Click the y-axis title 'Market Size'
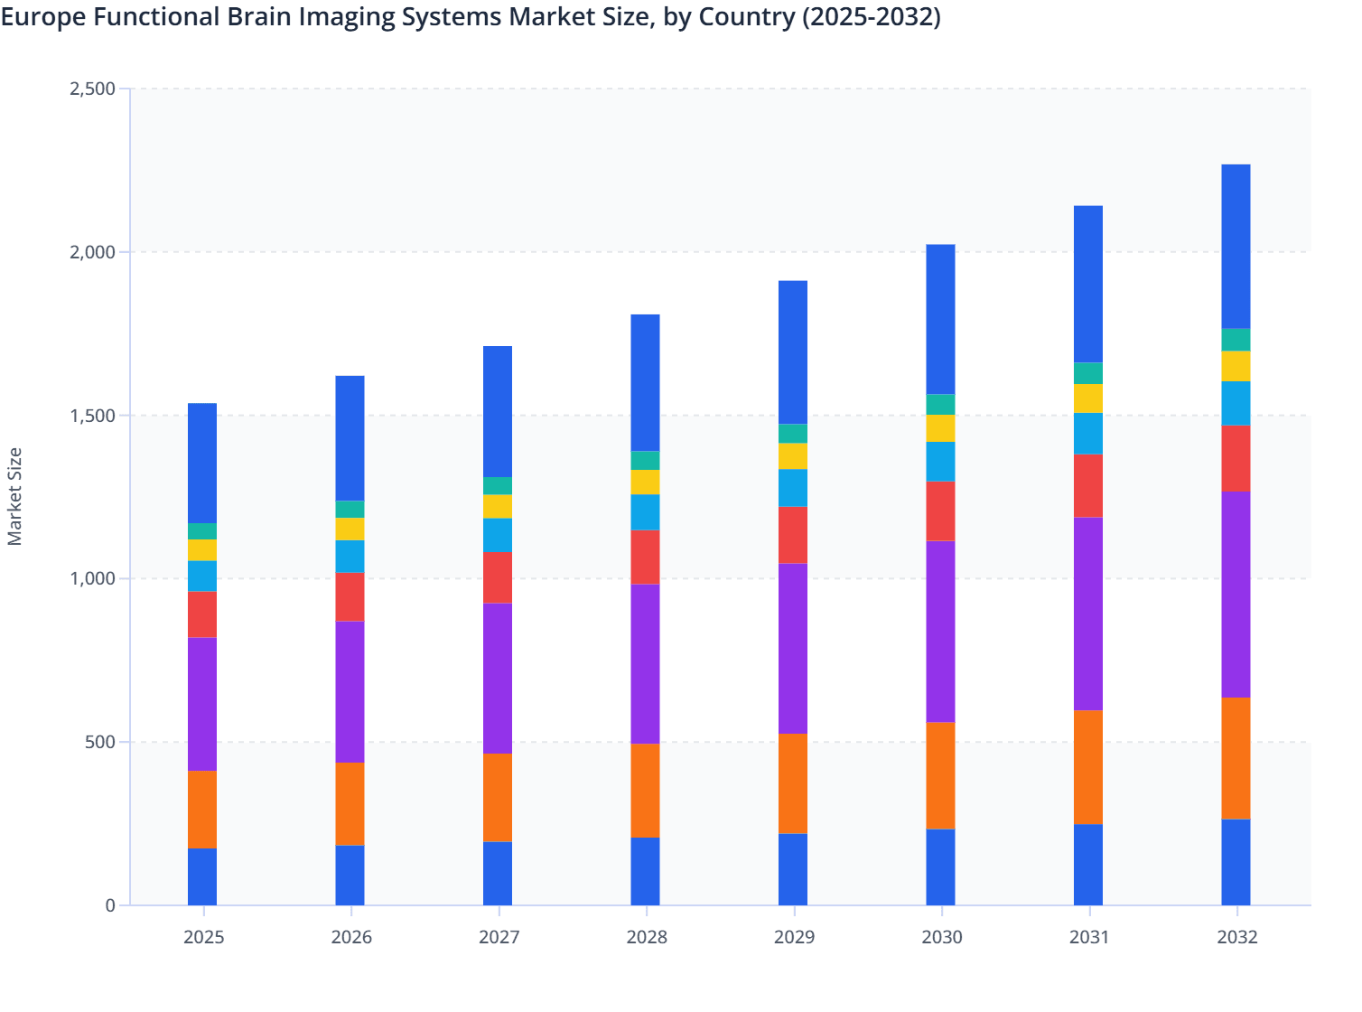[14, 496]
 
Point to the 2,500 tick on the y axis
[92, 89]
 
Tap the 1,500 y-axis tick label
[92, 416]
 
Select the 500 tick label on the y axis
[100, 742]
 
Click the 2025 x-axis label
[203, 937]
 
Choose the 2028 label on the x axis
[646, 937]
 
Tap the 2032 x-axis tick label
[1236, 937]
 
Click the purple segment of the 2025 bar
[202, 704]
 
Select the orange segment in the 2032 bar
[1236, 758]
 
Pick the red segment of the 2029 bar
[793, 535]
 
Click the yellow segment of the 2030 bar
[940, 428]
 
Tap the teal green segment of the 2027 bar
[498, 485]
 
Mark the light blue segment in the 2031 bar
[1088, 434]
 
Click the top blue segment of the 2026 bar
[350, 438]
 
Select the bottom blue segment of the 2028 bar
[645, 871]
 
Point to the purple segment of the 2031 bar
[1088, 614]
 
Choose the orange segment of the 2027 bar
[498, 797]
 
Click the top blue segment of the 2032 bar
[1236, 246]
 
